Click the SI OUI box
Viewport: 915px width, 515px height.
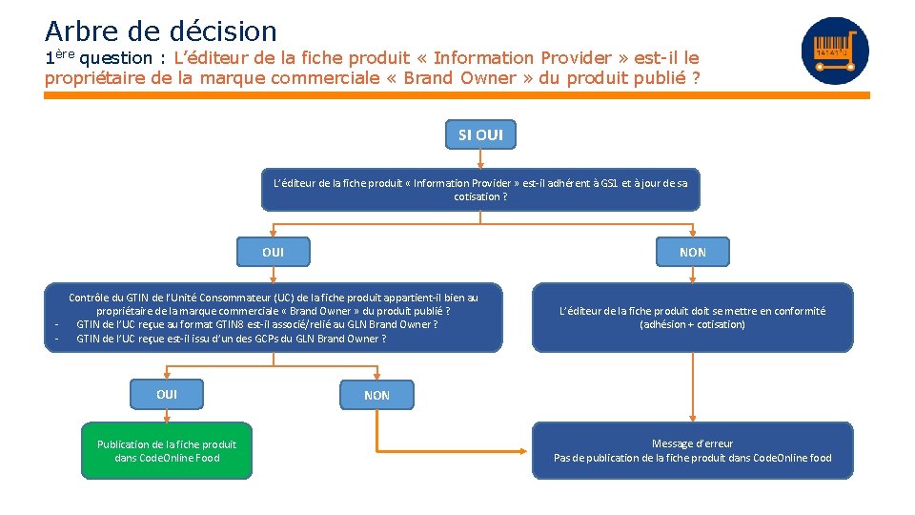tap(480, 134)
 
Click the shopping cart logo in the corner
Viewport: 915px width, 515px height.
tap(835, 51)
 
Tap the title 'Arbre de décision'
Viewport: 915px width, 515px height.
tap(160, 31)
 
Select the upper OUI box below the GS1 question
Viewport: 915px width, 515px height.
tap(273, 252)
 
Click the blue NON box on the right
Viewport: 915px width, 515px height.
tap(692, 252)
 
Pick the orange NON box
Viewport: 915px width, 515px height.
tap(376, 395)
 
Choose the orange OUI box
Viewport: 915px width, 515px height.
tap(167, 394)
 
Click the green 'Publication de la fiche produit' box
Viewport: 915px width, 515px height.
tap(167, 450)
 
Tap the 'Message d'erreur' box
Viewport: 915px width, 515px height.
tap(692, 450)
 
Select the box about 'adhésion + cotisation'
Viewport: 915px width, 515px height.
tap(692, 318)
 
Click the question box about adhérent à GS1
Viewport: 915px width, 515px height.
tap(480, 189)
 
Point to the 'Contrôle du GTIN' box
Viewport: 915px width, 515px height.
tap(274, 318)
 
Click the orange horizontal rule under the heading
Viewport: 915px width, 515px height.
tap(457, 95)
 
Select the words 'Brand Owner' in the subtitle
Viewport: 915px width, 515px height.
tap(459, 78)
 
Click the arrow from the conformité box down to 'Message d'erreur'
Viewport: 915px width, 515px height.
tap(692, 386)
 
